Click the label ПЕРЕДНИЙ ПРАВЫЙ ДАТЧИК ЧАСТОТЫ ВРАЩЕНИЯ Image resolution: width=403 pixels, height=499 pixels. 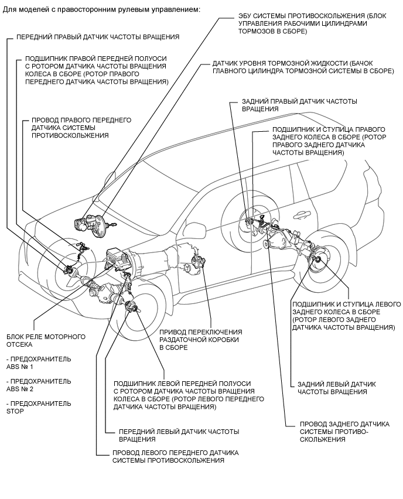point(98,37)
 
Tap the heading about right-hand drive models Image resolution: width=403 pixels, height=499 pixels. point(101,9)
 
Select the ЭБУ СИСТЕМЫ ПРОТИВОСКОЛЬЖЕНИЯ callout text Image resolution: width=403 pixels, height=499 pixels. point(312,23)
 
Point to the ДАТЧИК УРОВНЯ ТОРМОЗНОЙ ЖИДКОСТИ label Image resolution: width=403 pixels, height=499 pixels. point(303,67)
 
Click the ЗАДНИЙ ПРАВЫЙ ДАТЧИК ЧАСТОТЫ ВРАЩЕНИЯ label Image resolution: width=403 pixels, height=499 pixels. point(299,105)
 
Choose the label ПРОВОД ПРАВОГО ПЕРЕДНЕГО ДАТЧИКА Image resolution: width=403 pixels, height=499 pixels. point(81,128)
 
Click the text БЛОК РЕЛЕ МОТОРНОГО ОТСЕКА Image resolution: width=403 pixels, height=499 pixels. point(46,340)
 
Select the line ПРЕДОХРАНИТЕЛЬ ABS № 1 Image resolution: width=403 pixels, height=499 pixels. point(39,363)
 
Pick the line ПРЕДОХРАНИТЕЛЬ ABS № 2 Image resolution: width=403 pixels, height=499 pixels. point(39,385)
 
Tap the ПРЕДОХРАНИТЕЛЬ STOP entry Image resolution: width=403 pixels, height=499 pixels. point(39,408)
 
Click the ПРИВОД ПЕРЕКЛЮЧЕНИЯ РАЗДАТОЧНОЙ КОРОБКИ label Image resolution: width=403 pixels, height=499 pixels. point(200,340)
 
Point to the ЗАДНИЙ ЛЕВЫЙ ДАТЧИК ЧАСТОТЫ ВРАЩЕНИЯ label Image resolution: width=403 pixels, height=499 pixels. point(336,388)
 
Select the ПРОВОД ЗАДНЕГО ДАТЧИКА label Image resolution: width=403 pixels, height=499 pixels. point(344,432)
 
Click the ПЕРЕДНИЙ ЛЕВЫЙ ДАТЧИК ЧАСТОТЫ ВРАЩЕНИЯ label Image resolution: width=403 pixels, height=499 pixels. point(179,435)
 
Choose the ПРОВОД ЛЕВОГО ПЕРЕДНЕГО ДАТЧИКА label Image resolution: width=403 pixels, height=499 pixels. point(175,457)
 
